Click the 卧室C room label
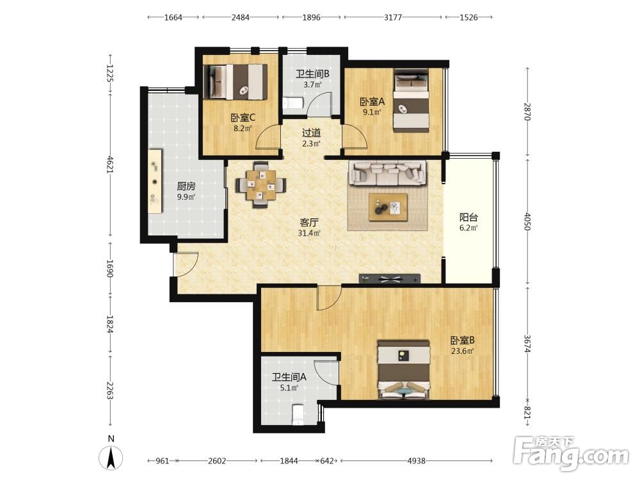[243, 118]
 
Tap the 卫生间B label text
[313, 74]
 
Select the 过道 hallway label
[312, 132]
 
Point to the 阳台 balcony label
[468, 217]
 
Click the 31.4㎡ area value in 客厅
[309, 234]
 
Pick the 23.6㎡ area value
[463, 351]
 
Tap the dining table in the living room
[260, 185]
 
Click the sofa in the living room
[388, 173]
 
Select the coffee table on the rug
[388, 207]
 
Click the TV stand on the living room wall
[390, 279]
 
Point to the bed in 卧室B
[404, 369]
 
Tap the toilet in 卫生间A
[298, 415]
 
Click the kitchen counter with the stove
[155, 181]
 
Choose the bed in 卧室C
[236, 82]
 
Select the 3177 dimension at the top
[393, 17]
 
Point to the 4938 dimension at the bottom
[417, 461]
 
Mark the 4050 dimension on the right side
[527, 221]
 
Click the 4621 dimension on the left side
[110, 164]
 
